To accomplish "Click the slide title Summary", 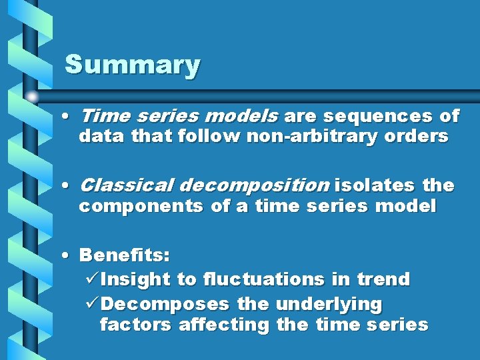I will (x=132, y=65).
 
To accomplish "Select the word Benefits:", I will (x=125, y=255).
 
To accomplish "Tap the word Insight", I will (x=136, y=279).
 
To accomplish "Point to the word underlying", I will (x=329, y=304).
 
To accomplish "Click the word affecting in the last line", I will (x=223, y=325).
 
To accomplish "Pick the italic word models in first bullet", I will (x=241, y=117).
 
